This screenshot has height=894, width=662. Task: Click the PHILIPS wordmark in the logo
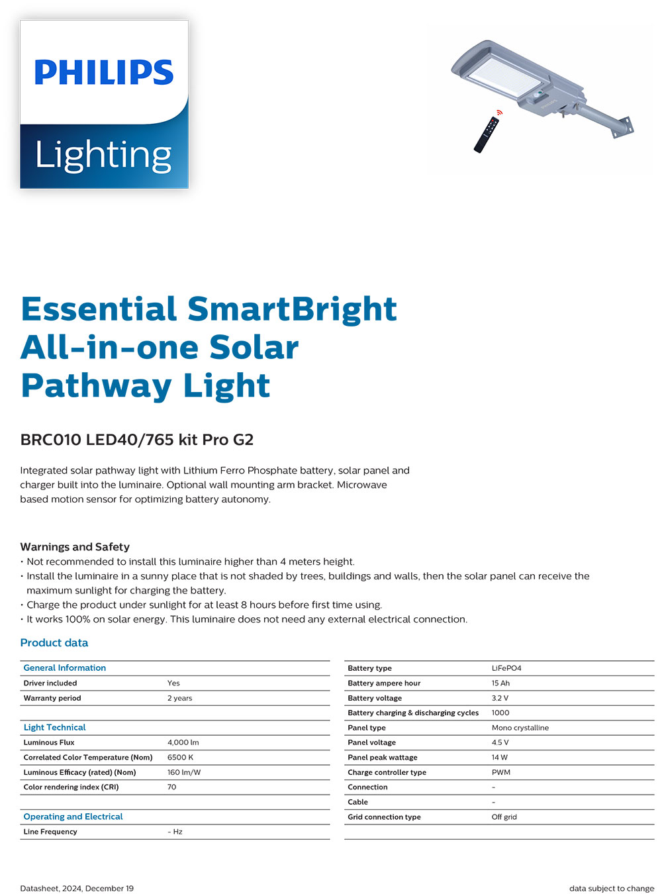click(x=104, y=72)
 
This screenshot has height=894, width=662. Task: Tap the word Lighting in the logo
click(x=103, y=156)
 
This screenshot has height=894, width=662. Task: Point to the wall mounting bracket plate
click(x=623, y=126)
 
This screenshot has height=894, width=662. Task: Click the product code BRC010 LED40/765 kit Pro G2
click(x=137, y=440)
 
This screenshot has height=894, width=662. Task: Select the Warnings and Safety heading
click(x=75, y=547)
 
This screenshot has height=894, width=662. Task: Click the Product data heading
click(x=54, y=642)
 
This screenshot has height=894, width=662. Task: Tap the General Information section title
click(x=65, y=668)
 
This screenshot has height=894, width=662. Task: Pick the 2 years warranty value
click(x=180, y=698)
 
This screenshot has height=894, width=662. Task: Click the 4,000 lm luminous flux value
click(x=183, y=742)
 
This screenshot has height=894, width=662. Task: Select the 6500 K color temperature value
click(x=181, y=757)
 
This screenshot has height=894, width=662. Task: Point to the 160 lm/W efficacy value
click(x=184, y=772)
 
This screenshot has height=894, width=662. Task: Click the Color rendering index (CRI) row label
click(x=71, y=787)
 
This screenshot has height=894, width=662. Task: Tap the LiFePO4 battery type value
click(x=506, y=668)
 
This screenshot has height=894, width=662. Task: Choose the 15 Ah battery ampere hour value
click(x=500, y=683)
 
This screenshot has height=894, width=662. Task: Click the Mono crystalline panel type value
click(x=520, y=728)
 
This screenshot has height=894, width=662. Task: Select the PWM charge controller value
click(x=501, y=772)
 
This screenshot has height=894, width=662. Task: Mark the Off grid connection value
click(x=504, y=817)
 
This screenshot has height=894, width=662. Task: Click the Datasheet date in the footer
click(x=77, y=888)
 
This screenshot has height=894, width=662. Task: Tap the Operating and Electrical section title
click(x=73, y=817)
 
